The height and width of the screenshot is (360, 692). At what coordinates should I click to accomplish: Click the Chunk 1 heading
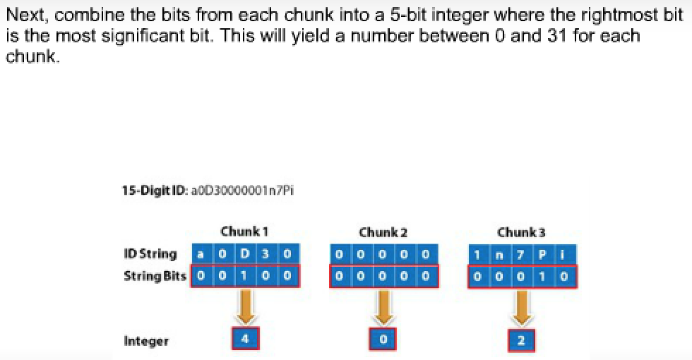coord(244,232)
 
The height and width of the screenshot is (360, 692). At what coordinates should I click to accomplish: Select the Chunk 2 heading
coord(383,232)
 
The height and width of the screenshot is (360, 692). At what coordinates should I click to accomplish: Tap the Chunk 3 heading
coord(521,232)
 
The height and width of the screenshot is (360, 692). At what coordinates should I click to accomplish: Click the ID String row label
coord(150,254)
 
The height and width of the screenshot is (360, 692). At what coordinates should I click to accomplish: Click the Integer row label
coord(146,341)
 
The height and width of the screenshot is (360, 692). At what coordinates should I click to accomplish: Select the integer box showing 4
coord(244,339)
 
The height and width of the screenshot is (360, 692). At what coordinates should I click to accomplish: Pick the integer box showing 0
coord(383,340)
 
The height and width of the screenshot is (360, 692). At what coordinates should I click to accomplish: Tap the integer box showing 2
coord(521,340)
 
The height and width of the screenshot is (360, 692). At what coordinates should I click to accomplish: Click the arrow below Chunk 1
coord(244,305)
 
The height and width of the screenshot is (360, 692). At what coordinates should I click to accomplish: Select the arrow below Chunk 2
coord(383,306)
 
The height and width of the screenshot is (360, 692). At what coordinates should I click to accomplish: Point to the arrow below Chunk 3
coord(521,306)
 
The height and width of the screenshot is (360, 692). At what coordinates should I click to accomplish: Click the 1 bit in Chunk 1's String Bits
coord(244,275)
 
